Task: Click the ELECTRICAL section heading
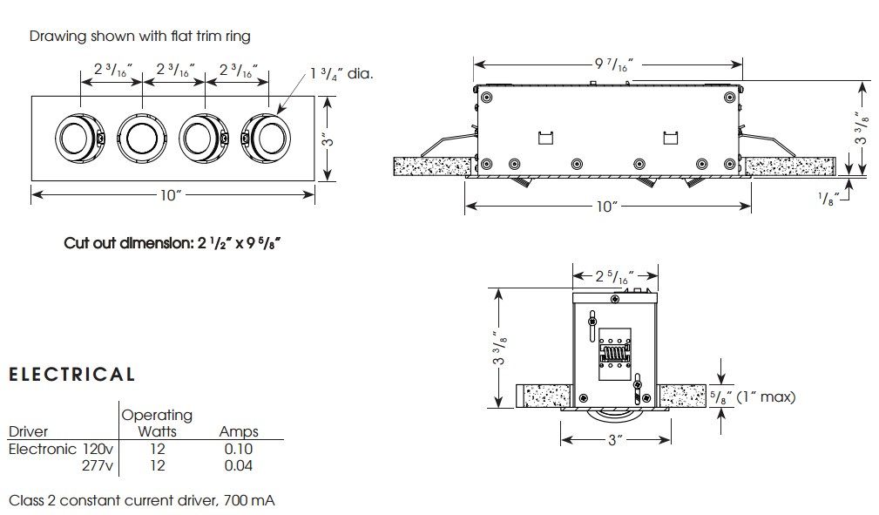click(x=71, y=375)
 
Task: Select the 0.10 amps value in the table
click(x=238, y=450)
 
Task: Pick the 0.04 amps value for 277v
click(x=238, y=466)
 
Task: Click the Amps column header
click(x=239, y=431)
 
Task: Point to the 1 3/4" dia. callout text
click(x=341, y=74)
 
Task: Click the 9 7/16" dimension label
click(x=607, y=64)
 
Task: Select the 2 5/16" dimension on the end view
click(x=614, y=277)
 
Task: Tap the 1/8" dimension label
click(x=829, y=198)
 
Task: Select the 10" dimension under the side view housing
click(x=607, y=207)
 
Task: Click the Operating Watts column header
click(x=157, y=423)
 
